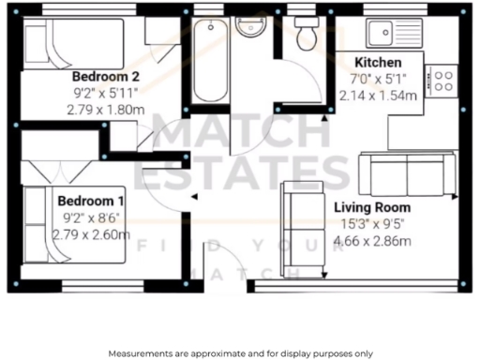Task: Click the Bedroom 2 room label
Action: tap(107, 76)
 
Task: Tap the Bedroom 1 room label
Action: tap(92, 201)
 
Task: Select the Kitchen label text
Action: tap(379, 61)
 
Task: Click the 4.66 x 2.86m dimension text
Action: tap(373, 240)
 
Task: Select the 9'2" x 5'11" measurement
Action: tap(107, 93)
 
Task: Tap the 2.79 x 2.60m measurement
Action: tap(92, 234)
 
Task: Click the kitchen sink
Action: tap(394, 34)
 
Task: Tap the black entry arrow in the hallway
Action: tap(192, 197)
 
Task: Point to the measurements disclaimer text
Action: tap(239, 352)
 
